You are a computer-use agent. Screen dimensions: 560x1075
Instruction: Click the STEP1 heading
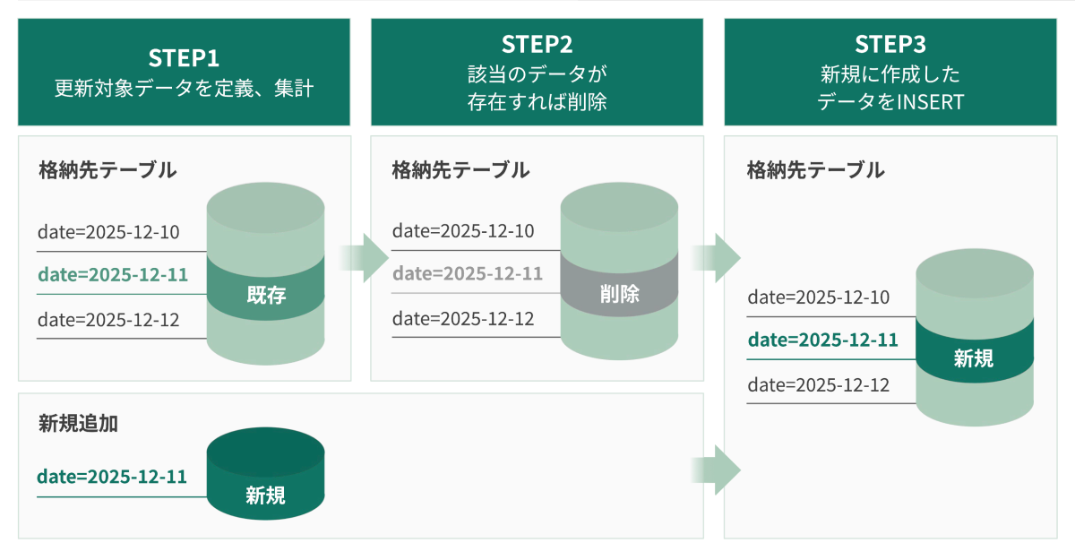[x=184, y=58]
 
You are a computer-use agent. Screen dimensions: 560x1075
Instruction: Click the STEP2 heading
[x=537, y=44]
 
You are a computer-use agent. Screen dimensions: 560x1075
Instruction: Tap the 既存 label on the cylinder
[x=265, y=295]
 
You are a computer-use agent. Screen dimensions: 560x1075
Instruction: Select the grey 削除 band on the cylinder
[x=619, y=293]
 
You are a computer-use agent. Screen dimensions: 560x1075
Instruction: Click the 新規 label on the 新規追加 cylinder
[x=265, y=495]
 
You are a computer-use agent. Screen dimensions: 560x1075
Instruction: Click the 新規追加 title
[x=79, y=424]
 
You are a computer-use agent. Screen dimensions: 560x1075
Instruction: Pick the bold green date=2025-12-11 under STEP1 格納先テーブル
[x=113, y=275]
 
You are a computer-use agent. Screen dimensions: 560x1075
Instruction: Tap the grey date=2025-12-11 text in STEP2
[x=468, y=274]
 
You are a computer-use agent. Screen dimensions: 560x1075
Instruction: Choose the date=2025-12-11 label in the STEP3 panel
[x=822, y=340]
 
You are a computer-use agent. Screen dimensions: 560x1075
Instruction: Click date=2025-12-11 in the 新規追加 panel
[x=112, y=477]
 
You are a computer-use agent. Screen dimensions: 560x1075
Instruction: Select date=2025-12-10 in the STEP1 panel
[x=108, y=233]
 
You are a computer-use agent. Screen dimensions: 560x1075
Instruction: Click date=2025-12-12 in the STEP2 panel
[x=463, y=319]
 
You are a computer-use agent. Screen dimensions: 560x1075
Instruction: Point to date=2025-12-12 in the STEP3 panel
[x=818, y=385]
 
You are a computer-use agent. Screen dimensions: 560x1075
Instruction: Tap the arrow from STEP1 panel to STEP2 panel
[x=364, y=258]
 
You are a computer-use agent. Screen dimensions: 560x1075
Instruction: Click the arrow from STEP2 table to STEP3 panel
[x=717, y=258]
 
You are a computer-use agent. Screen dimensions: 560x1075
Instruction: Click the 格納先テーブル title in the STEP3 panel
[x=815, y=169]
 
